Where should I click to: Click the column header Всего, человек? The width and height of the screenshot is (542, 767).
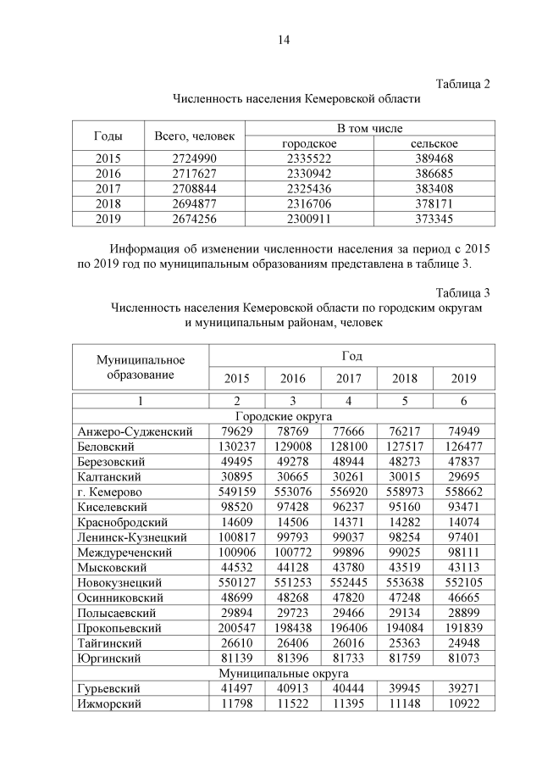pos(195,136)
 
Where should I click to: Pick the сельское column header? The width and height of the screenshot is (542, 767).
pos(434,143)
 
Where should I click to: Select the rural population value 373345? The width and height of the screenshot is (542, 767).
pos(434,218)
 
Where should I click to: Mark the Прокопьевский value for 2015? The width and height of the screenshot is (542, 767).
pos(236,642)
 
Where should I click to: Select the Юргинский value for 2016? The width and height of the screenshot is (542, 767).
pos(293,658)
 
